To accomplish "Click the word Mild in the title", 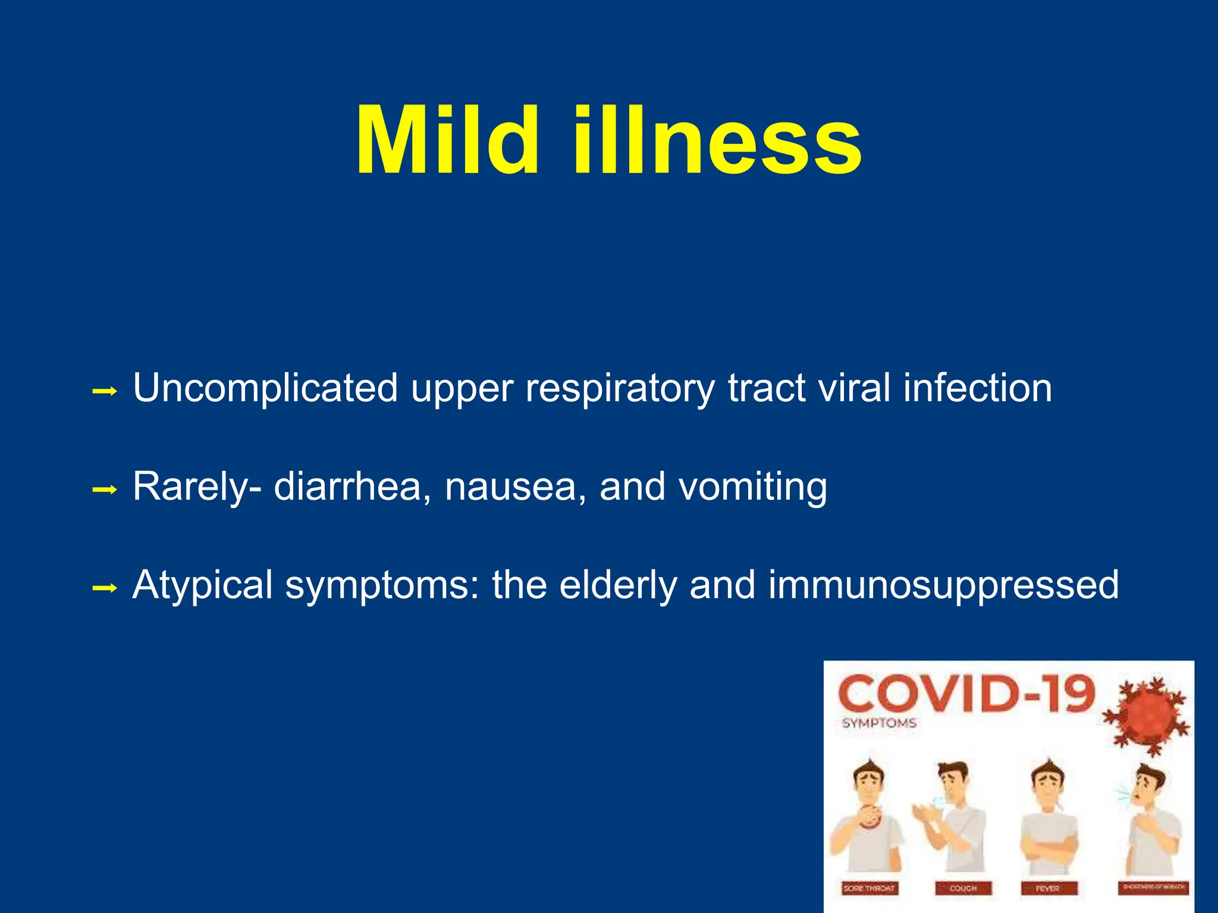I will [447, 141].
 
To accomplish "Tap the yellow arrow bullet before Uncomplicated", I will [105, 392].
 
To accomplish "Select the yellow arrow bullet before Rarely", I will [105, 490].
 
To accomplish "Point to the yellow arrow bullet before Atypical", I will [105, 589].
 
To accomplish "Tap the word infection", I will [977, 388].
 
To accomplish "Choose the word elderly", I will [617, 585].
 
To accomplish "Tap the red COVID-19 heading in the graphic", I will [966, 694].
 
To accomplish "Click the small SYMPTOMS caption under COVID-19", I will [879, 723].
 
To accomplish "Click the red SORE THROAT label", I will [869, 888].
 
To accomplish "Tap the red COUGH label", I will [963, 888].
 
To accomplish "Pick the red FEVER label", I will [1048, 888].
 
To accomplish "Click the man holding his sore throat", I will [867, 820].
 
